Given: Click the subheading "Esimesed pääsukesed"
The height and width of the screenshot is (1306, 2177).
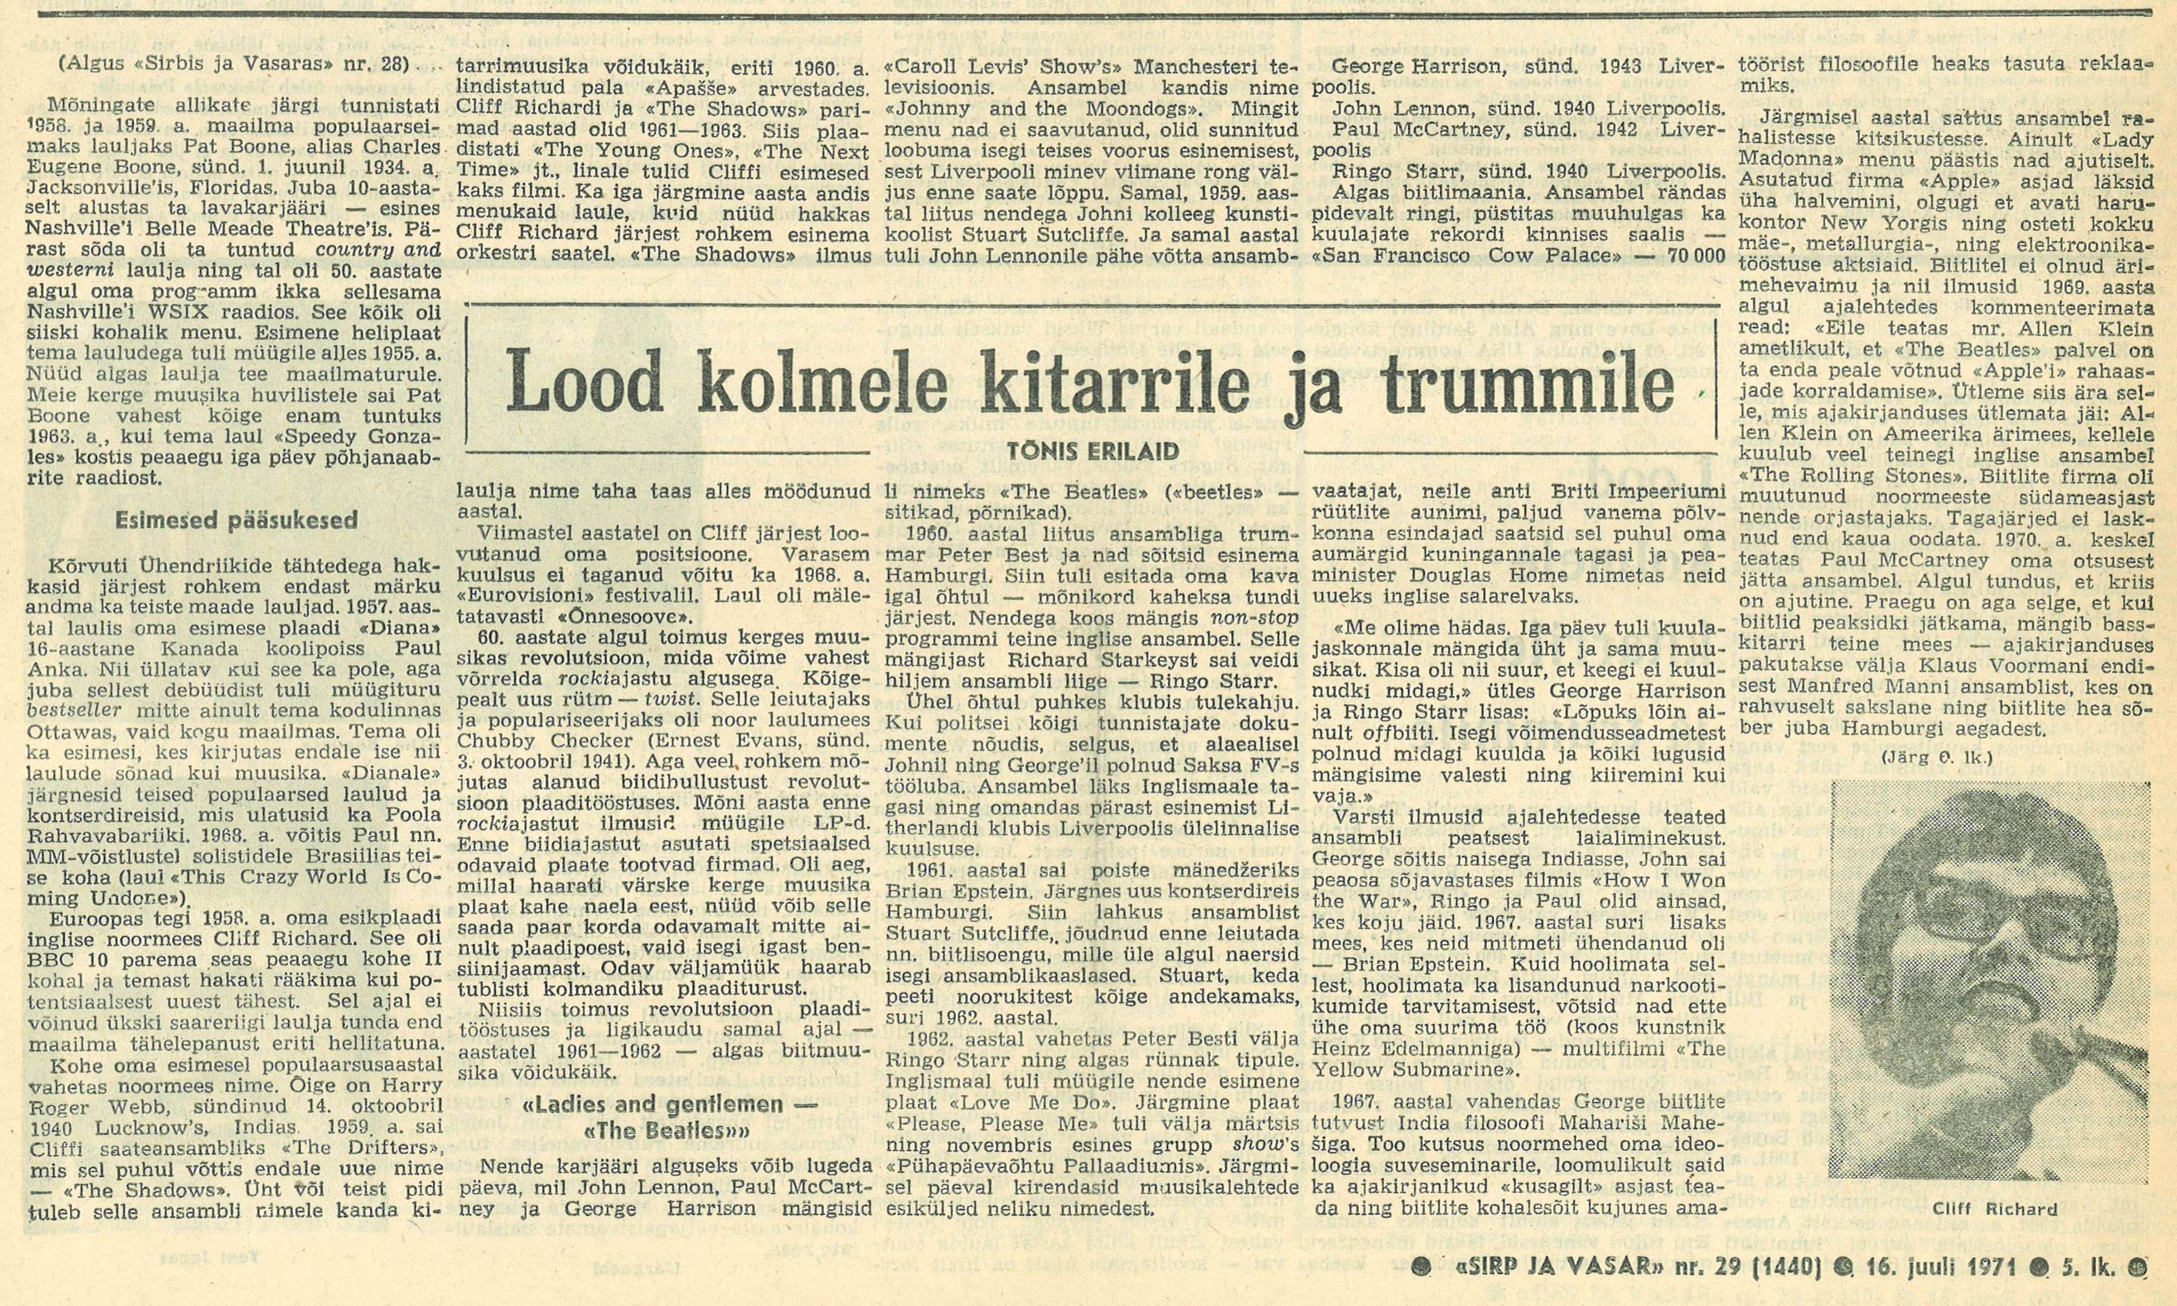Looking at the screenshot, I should [x=237, y=520].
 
